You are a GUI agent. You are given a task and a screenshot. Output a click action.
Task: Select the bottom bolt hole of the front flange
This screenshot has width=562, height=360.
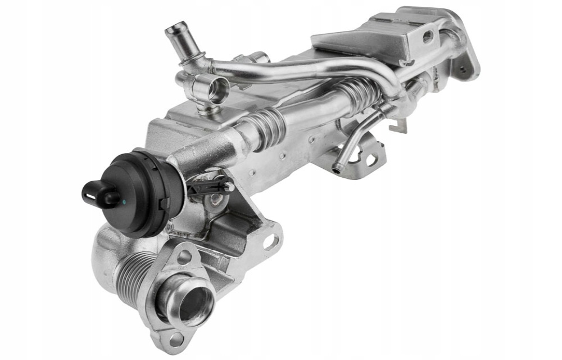coord(176,339)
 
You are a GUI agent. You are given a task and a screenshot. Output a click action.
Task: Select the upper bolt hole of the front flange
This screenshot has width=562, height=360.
coord(184,258)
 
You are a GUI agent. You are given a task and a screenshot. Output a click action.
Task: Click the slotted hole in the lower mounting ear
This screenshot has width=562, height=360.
coord(272,242)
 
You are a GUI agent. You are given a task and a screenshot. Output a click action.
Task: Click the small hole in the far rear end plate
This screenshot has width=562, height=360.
coord(463,71)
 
